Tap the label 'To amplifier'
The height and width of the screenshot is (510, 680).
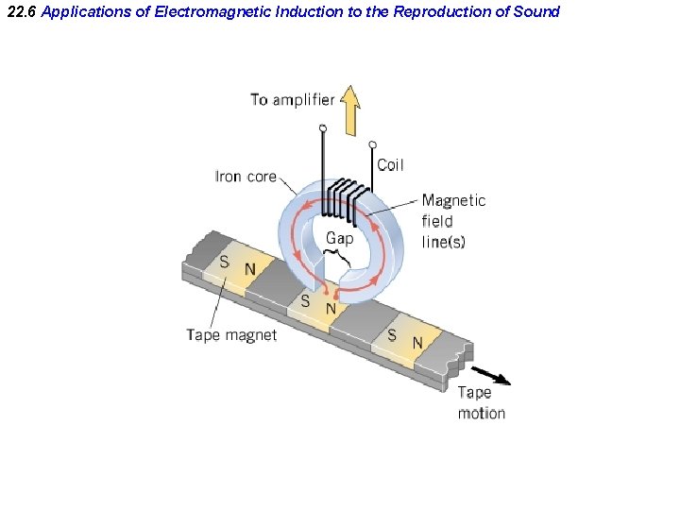coord(292,99)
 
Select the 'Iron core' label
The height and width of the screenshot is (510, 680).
coord(246,176)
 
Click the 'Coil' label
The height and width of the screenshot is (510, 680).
coord(390,164)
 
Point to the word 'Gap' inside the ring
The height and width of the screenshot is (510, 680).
coord(340,238)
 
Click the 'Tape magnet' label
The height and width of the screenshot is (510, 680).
coord(231,334)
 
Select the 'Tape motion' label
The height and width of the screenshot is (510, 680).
coord(482,402)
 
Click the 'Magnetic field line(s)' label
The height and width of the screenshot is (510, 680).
coord(453,220)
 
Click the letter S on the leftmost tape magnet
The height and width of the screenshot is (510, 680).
coord(224,262)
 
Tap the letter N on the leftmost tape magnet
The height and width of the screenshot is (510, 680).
coord(250,269)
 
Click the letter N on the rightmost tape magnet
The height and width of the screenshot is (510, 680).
coord(416,342)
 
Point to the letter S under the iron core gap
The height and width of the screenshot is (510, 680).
coord(305,301)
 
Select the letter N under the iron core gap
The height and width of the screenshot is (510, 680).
coord(331,308)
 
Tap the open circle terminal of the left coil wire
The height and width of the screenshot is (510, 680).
coord(323,127)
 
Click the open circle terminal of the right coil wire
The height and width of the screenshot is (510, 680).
coord(373,144)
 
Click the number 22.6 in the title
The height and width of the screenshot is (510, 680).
coord(20,11)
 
